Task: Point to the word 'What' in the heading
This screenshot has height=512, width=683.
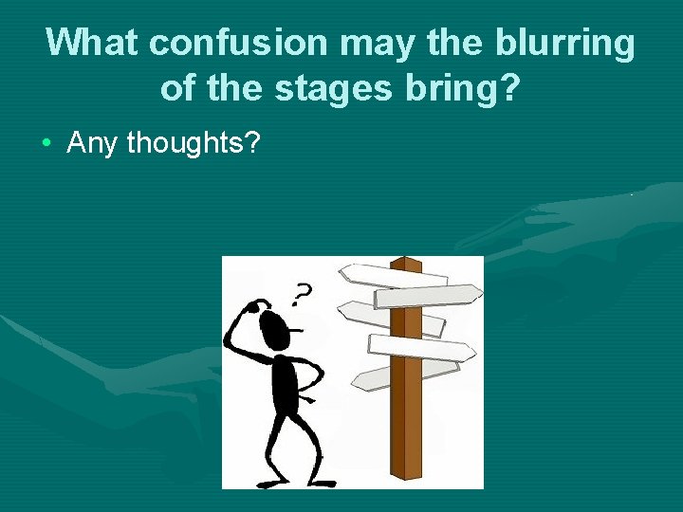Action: tap(94, 43)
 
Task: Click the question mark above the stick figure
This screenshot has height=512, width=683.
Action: tap(301, 296)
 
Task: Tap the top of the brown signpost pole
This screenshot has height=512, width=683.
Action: tap(406, 261)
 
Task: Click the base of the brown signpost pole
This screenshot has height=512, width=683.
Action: tap(409, 474)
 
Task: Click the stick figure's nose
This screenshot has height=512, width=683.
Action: tap(297, 331)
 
